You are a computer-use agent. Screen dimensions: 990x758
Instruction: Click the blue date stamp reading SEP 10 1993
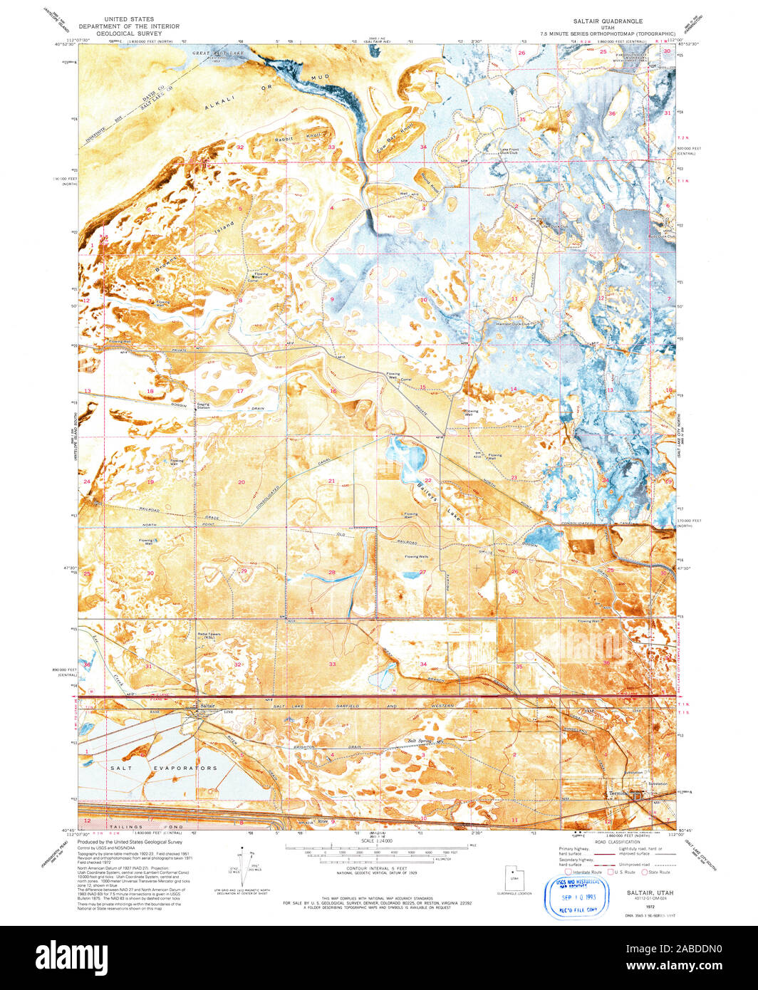pyautogui.click(x=576, y=899)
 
